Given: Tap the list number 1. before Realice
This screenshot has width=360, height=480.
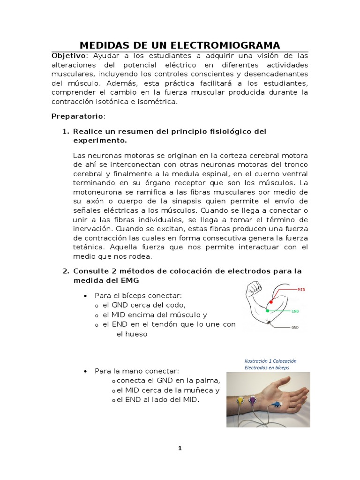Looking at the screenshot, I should [x=66, y=132].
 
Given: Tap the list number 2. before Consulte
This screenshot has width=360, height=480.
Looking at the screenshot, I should [x=66, y=271].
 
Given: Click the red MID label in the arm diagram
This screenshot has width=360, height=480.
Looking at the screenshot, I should [x=301, y=290].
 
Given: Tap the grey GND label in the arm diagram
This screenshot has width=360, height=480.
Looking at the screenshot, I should [x=295, y=328].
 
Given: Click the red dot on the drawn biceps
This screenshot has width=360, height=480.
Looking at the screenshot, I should [x=270, y=301].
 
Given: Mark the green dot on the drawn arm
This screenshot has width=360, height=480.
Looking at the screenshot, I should [x=267, y=310].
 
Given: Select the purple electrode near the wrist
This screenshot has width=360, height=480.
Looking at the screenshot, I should [x=253, y=400].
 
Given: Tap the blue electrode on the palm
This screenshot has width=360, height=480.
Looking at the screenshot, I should [x=277, y=403].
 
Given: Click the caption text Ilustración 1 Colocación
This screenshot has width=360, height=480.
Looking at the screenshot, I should [x=270, y=361].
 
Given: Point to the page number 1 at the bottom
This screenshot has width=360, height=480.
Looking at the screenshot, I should [x=180, y=448].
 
